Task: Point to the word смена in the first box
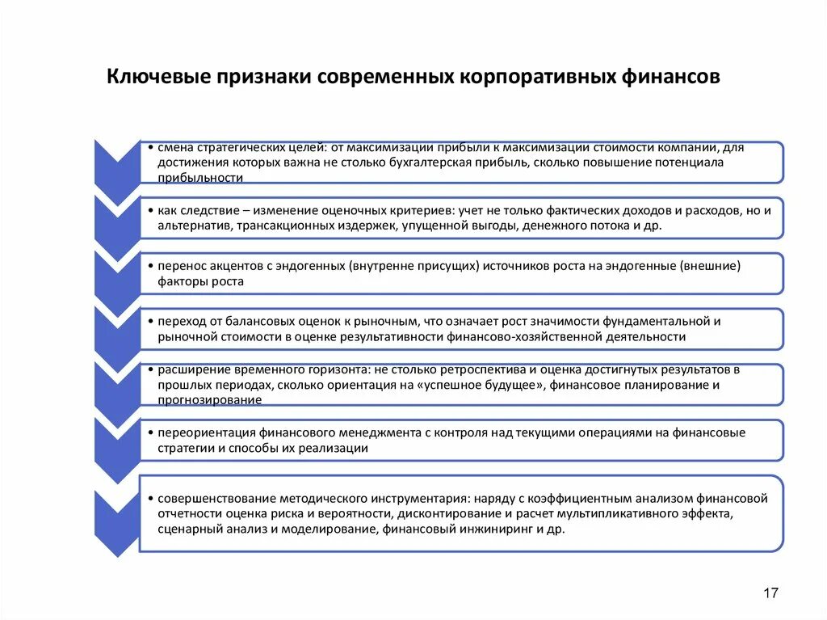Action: (x=175, y=148)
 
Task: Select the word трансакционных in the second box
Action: (x=278, y=226)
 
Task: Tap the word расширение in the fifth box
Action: (x=190, y=369)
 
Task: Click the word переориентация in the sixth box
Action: (x=208, y=432)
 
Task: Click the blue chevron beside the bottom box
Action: (x=116, y=521)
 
